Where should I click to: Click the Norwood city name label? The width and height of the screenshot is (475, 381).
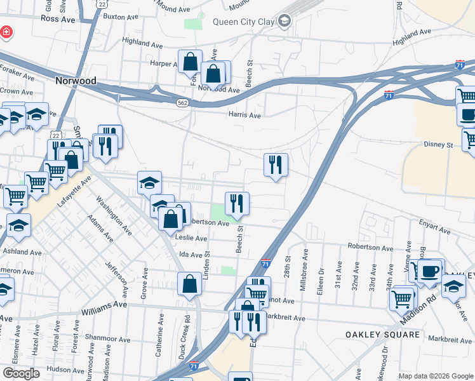tap(76, 81)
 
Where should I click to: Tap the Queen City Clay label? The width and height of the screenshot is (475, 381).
tap(243, 22)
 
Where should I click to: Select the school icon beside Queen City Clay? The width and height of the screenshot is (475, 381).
tap(284, 22)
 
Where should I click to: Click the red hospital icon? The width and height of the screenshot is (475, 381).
tap(6, 31)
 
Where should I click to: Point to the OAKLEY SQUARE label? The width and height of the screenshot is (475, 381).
tap(382, 334)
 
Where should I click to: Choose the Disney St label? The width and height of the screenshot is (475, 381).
tap(438, 144)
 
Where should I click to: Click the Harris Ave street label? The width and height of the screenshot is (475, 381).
tap(245, 116)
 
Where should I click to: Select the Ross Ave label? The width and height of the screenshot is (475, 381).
tap(58, 19)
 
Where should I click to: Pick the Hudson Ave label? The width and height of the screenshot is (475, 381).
tap(66, 369)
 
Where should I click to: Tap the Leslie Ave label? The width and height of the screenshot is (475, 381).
tap(192, 238)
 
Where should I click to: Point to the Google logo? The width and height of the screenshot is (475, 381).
tap(21, 373)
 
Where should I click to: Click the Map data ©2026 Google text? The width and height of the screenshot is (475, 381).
tap(435, 376)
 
